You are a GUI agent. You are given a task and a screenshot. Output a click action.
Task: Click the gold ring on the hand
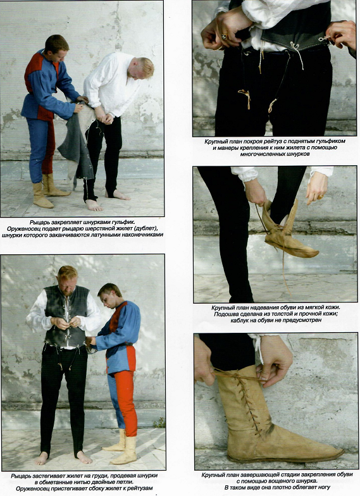(x=224, y=37)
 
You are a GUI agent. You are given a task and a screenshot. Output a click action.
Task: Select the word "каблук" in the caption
(x=241, y=320)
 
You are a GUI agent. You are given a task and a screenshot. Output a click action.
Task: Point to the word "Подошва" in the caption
(x=226, y=314)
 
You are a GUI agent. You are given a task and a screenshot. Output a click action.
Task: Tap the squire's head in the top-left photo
(x=56, y=48)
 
